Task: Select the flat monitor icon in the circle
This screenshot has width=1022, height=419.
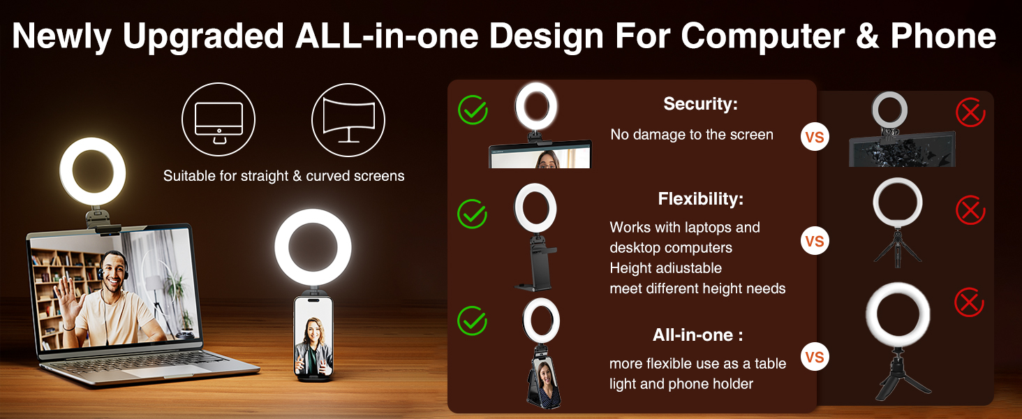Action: tap(219, 119)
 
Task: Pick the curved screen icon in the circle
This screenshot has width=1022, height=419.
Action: tap(348, 119)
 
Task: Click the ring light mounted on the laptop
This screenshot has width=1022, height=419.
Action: tap(93, 171)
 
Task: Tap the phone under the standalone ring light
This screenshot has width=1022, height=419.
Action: tap(311, 338)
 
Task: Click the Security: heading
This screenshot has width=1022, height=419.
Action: tap(700, 104)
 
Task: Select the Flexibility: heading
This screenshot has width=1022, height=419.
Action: tap(700, 199)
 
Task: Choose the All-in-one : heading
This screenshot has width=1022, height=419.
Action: tap(697, 335)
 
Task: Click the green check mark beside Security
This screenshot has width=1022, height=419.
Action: tap(473, 110)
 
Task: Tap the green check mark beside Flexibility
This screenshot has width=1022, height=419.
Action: tap(473, 214)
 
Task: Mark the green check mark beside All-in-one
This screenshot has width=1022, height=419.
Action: tap(473, 321)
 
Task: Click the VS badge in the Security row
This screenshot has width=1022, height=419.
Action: tap(815, 138)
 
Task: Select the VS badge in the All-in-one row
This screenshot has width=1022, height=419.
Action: tap(815, 358)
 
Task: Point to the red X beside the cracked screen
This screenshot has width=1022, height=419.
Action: tap(970, 112)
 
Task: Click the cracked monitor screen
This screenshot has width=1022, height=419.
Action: tap(902, 149)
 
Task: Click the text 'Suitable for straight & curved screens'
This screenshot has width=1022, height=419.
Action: tap(283, 176)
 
